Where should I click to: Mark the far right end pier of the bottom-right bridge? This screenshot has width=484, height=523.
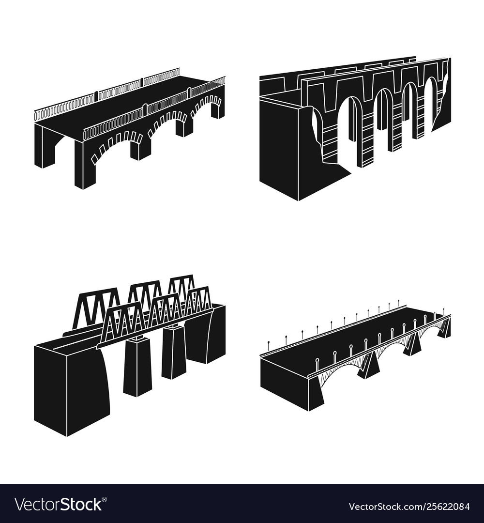[x=445, y=329]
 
